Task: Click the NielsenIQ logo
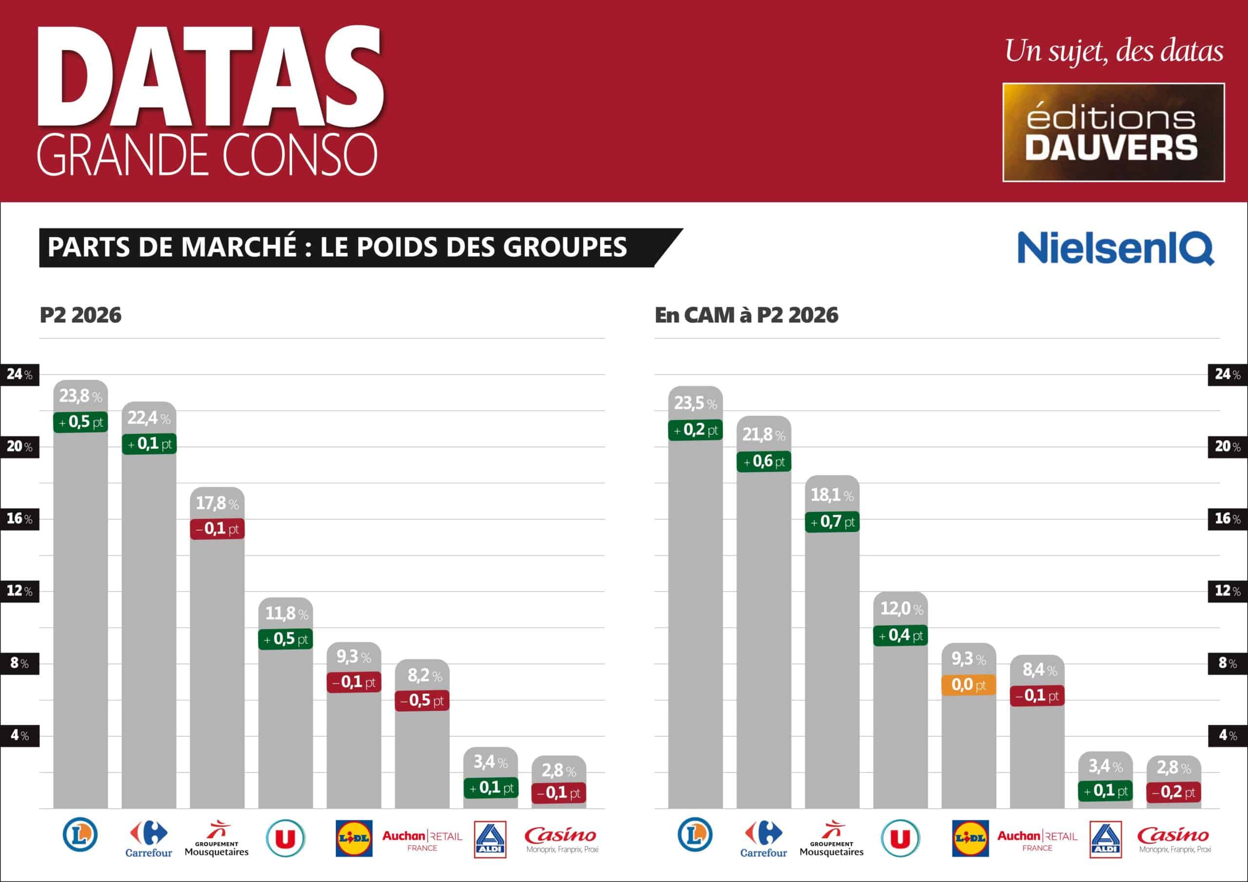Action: (x=1115, y=248)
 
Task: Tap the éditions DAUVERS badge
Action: (x=1113, y=132)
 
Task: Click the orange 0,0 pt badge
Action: (x=969, y=684)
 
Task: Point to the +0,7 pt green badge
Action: (x=832, y=522)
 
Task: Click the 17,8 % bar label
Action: (x=217, y=503)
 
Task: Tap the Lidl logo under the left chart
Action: (x=354, y=838)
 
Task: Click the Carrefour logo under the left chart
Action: (x=148, y=838)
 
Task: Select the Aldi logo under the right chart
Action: (x=1106, y=839)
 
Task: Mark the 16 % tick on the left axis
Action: (x=19, y=518)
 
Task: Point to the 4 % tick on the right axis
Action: (x=1228, y=735)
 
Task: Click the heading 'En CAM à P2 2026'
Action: (x=746, y=315)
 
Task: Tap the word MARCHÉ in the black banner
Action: (x=238, y=247)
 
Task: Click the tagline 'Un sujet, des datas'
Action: (x=1114, y=52)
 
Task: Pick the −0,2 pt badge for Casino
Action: (x=1173, y=792)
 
